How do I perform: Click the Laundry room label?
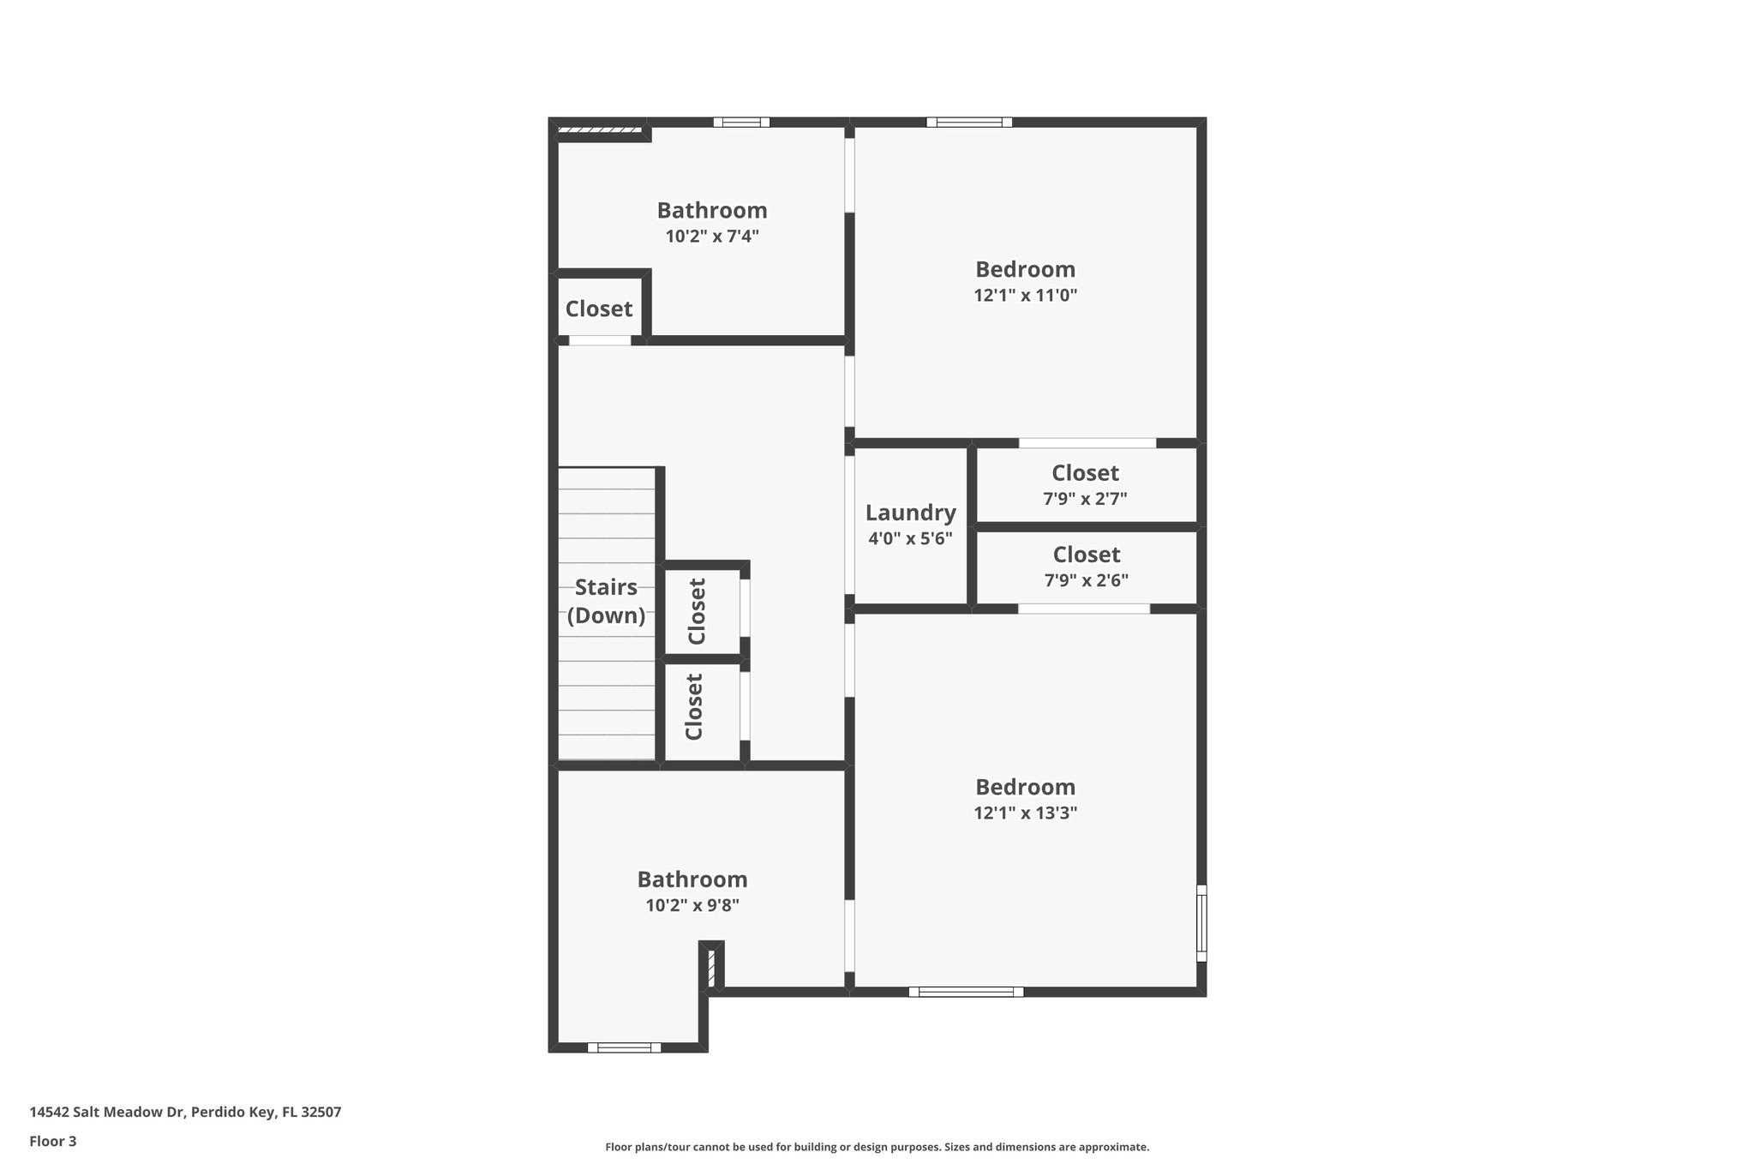(x=910, y=513)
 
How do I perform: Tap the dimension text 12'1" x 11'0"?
(x=1025, y=296)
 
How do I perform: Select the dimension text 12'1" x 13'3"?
(x=1025, y=813)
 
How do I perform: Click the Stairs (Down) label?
(x=606, y=601)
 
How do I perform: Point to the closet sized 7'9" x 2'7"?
(x=1085, y=485)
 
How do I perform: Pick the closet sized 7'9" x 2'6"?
(x=1086, y=567)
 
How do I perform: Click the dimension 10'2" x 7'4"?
(x=712, y=237)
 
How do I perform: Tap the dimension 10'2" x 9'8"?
(x=692, y=905)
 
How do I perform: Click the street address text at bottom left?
(x=185, y=1112)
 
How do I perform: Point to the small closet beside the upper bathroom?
(x=599, y=309)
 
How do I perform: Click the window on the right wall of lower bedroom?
(x=1201, y=923)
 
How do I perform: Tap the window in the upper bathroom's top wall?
(x=741, y=123)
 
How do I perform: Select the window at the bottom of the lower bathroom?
(x=624, y=1047)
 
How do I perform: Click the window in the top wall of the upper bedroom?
(x=969, y=123)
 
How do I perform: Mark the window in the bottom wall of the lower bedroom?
(x=966, y=992)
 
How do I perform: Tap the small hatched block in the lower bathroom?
(x=711, y=967)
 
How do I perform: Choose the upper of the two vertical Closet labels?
(x=697, y=611)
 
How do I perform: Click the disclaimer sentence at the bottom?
(x=877, y=1147)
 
